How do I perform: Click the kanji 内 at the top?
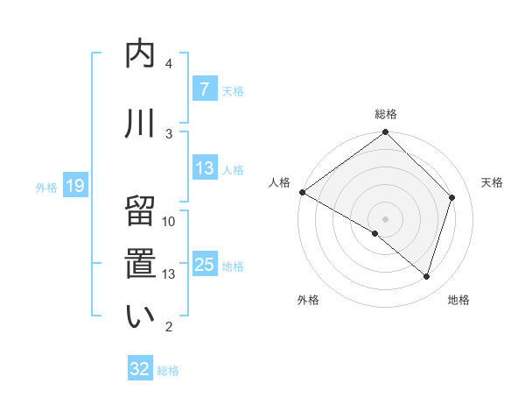140,54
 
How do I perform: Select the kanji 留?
140,213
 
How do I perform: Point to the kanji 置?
140,265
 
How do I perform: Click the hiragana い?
140,316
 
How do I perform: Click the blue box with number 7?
204,89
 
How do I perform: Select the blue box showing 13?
204,169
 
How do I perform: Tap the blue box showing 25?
204,265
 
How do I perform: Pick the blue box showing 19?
74,186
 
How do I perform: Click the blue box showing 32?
140,369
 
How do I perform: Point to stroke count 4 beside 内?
169,64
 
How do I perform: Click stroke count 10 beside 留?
169,222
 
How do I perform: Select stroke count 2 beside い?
169,327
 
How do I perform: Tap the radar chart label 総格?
386,114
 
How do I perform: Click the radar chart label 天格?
493,182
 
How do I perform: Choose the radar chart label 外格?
308,300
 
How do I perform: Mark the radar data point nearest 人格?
302,192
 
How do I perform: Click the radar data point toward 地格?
427,277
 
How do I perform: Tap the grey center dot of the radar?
385,218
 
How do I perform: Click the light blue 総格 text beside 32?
168,371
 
